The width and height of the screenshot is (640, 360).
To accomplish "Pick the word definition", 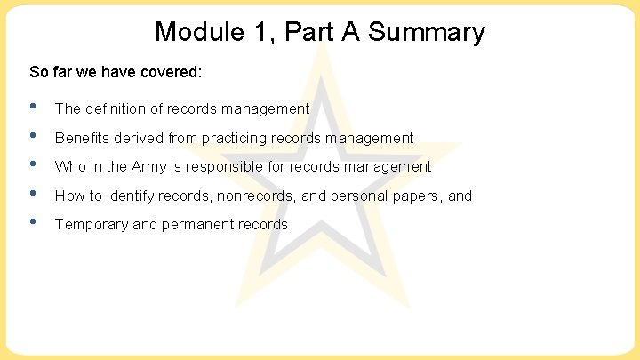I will [116, 109].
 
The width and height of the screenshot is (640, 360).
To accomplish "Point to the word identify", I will [130, 196].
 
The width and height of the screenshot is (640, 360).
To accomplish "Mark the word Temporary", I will [91, 224].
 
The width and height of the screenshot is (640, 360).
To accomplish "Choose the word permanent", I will [198, 224].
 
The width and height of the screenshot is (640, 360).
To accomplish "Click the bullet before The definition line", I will [33, 108].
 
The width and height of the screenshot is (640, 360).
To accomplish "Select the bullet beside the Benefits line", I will [33, 136].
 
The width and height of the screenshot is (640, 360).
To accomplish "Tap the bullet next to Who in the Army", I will [33, 164].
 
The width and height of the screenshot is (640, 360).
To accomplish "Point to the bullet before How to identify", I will [33, 194].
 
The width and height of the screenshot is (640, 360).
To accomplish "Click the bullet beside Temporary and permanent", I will [33, 222].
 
